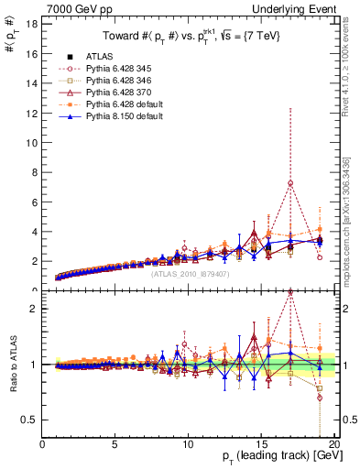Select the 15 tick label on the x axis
[260, 444]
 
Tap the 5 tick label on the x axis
[115, 444]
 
